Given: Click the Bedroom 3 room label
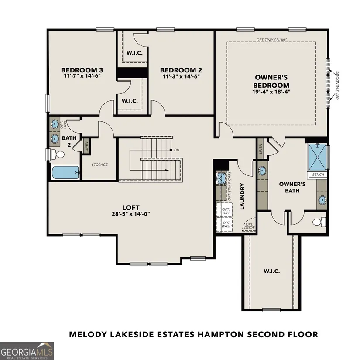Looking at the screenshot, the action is (x=82, y=70).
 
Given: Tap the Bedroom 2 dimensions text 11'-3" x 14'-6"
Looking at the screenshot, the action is (x=181, y=76).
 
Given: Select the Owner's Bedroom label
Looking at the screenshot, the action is (x=271, y=81).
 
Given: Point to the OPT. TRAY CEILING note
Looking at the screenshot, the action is (x=272, y=40).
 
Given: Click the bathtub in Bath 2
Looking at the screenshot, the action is (x=65, y=172).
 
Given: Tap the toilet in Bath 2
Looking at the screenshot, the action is (x=58, y=154).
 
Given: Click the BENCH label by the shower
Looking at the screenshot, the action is (x=318, y=175).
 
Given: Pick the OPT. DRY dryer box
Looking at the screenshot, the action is (x=224, y=210).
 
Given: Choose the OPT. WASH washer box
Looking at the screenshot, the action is (x=224, y=225).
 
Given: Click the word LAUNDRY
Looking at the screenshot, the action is (x=243, y=196).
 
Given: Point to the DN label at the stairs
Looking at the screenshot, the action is (x=177, y=150).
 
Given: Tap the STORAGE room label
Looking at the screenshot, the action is (x=99, y=165).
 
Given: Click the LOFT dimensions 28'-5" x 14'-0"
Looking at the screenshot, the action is (x=131, y=214).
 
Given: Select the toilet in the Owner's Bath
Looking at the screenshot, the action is (x=319, y=222).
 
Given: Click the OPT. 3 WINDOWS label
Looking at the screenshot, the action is (x=337, y=86).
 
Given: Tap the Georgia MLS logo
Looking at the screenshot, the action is (x=27, y=351).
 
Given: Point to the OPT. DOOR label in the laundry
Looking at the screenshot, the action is (x=250, y=226).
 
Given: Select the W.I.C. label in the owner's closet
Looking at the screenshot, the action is (x=271, y=271).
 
